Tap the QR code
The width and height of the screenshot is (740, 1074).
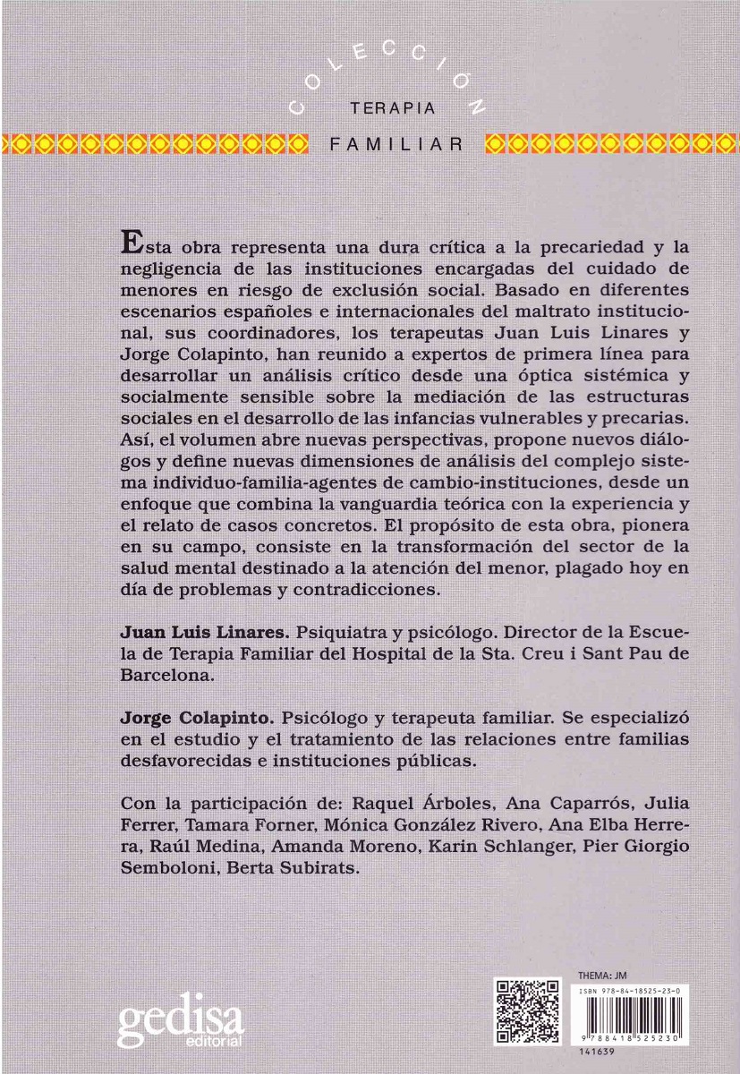pyautogui.click(x=528, y=1011)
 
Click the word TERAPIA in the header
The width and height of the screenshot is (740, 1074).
pyautogui.click(x=393, y=108)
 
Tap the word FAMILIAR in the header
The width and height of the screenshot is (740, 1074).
pyautogui.click(x=397, y=143)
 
